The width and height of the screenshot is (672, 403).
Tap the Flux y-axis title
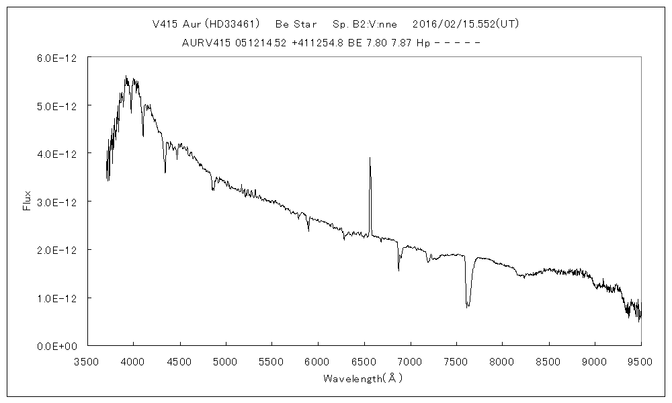27,201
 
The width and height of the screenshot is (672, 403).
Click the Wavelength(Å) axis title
363,379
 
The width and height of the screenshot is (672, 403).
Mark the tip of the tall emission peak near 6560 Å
370,158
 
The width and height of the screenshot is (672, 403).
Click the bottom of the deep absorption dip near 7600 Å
468,306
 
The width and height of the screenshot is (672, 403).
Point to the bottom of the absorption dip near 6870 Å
398,270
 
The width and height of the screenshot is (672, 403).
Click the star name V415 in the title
165,24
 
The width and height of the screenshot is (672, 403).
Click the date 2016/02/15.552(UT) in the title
465,24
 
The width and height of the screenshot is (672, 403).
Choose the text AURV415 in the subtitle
204,42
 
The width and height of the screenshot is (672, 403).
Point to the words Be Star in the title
296,24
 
